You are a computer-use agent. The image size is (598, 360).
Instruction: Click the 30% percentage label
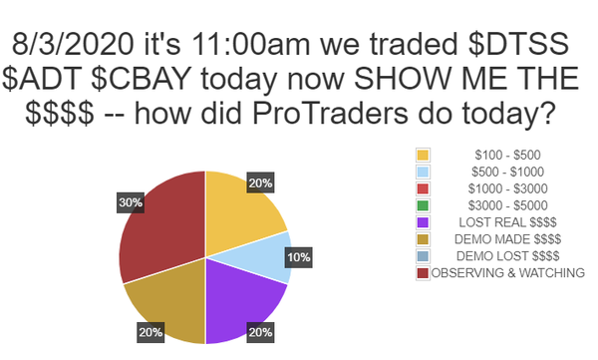[131, 202]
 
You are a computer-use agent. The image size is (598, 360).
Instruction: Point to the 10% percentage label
[299, 257]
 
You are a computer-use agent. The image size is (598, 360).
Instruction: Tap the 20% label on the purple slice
[260, 332]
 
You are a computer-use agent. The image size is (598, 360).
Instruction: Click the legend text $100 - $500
[507, 155]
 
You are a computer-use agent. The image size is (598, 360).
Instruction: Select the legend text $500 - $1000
[507, 172]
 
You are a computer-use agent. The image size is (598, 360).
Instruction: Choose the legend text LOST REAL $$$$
[507, 222]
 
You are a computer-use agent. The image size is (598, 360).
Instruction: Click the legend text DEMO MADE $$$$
[507, 239]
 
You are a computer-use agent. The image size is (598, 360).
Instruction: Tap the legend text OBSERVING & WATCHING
[507, 272]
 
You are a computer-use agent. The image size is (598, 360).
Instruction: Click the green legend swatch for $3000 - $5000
[423, 205]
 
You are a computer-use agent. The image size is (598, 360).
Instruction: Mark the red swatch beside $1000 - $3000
[423, 188]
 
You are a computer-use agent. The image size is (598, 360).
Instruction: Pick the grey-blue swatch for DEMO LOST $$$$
[423, 256]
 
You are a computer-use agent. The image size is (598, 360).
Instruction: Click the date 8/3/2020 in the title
[73, 44]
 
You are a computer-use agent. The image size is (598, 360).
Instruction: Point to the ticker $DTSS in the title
[518, 44]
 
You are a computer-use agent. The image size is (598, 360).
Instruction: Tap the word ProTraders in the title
[330, 114]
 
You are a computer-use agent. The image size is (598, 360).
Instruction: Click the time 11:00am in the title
[251, 44]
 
